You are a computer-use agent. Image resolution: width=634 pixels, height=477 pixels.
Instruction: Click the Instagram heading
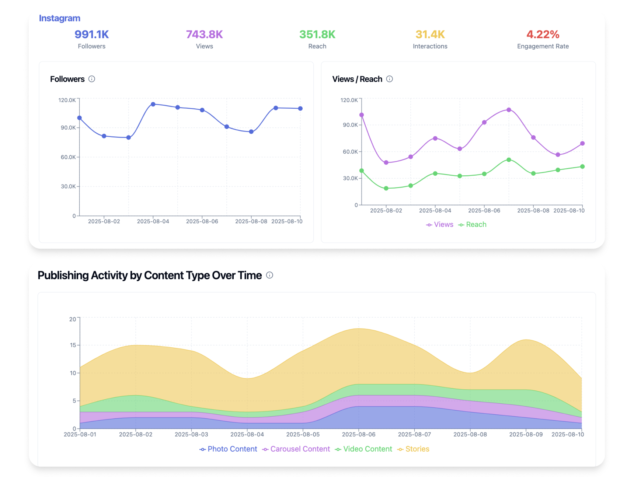tap(59, 18)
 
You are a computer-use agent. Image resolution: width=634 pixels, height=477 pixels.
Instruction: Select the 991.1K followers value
tap(91, 34)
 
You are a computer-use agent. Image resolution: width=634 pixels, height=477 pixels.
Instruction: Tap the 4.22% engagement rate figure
tap(542, 34)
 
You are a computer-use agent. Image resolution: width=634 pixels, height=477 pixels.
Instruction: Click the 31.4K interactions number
tap(430, 34)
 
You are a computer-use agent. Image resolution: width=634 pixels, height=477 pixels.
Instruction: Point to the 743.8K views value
tap(204, 34)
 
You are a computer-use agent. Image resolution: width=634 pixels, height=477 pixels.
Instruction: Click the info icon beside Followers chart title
tap(92, 79)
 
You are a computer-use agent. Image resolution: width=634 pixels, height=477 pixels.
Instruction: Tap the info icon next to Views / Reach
tap(389, 79)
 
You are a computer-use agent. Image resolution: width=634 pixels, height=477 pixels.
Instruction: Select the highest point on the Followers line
tap(153, 104)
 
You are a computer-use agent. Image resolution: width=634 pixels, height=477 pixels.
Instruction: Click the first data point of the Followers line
tap(79, 118)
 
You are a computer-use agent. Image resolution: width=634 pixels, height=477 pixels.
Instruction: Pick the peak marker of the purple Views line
tap(509, 110)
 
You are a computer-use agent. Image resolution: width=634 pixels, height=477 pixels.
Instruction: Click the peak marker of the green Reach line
tap(509, 160)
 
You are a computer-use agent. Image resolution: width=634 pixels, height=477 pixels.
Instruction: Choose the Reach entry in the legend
tap(472, 225)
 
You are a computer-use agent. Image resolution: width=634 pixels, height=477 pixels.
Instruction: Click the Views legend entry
tap(440, 225)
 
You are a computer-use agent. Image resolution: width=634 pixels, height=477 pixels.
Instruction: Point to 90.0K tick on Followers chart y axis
tap(68, 128)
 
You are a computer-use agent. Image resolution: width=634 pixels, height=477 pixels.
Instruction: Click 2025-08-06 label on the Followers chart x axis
tap(202, 221)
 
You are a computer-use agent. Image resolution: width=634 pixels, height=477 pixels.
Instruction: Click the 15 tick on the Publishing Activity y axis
tap(73, 345)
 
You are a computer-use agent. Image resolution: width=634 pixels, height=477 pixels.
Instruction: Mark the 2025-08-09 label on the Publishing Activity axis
tap(526, 435)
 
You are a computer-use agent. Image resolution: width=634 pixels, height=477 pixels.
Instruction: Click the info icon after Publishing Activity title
tap(269, 275)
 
